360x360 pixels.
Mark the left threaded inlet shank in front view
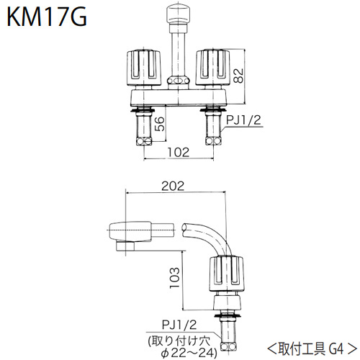coord(143,130)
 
